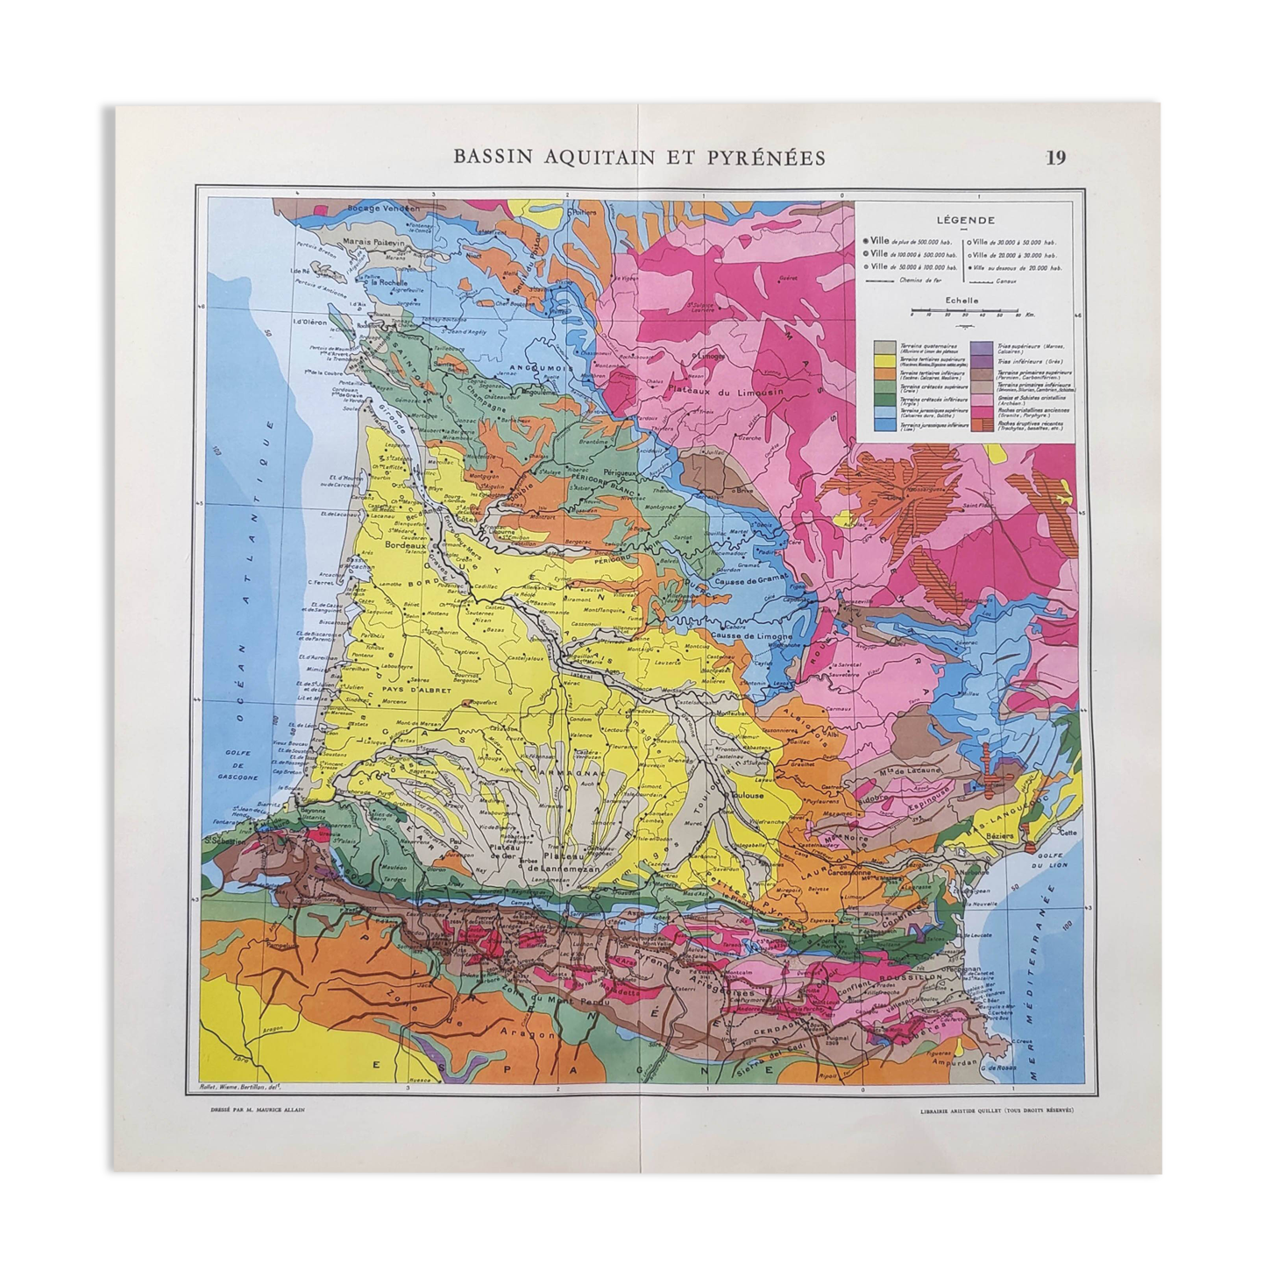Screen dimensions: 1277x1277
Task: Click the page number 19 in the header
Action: [1055, 158]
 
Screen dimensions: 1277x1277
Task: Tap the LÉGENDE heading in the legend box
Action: [963, 222]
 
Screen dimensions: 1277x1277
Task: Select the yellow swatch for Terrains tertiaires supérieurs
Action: [884, 359]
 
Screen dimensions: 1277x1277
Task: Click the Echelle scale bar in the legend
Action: [963, 310]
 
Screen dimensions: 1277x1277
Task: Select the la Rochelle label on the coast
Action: [392, 282]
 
